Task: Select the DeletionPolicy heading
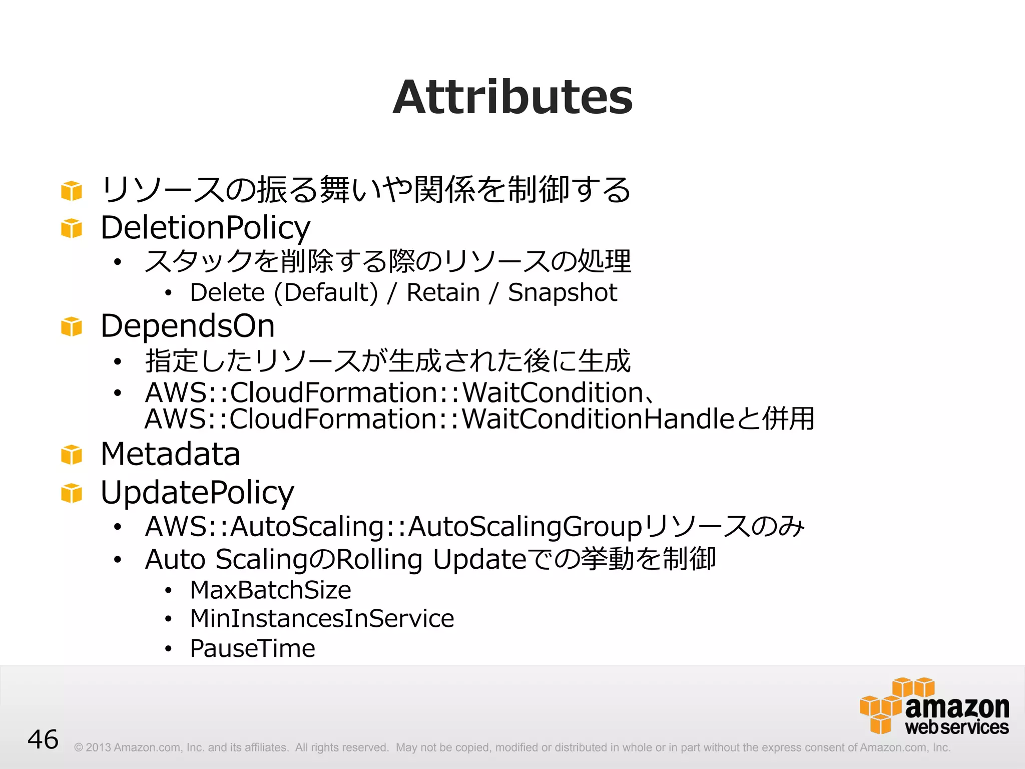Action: pos(205,228)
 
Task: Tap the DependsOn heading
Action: pos(188,326)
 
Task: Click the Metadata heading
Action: pos(170,454)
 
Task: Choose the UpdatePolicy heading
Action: pos(197,493)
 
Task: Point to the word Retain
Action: pos(443,292)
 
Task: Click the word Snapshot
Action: pos(563,292)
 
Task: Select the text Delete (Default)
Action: pos(284,292)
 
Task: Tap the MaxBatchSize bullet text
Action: pos(270,590)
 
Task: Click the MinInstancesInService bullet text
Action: pos(322,619)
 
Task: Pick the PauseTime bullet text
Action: pos(253,648)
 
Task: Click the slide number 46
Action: pos(43,739)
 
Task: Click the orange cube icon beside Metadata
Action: pos(72,455)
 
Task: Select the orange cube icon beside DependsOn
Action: pos(72,327)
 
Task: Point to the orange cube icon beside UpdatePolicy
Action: pos(72,493)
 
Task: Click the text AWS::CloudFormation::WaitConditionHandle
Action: pos(439,419)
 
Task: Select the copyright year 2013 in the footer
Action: pos(98,747)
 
